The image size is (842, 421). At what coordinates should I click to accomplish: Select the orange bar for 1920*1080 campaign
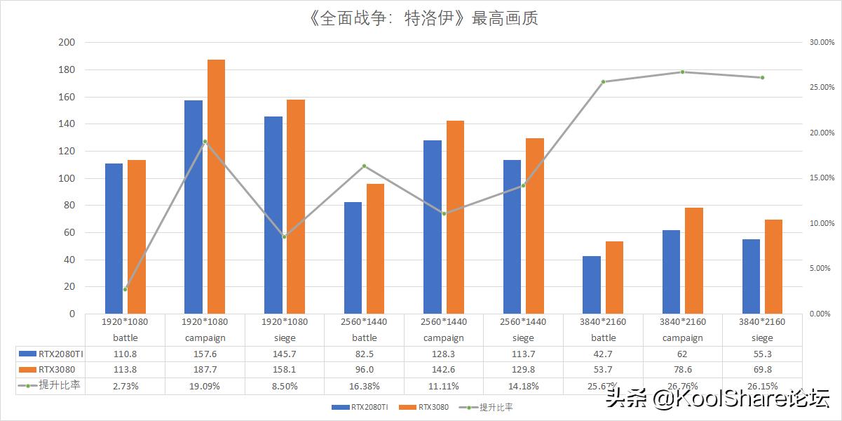click(216, 187)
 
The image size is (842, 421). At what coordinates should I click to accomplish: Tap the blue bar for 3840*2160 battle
click(592, 285)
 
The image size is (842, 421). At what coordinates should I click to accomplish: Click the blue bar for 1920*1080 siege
click(273, 215)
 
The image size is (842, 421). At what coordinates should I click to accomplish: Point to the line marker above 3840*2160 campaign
click(682, 72)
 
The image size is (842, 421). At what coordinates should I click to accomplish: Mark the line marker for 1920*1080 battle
click(125, 289)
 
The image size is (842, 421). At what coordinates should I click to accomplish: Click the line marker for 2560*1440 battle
click(365, 166)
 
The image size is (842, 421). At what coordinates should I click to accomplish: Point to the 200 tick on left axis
click(67, 42)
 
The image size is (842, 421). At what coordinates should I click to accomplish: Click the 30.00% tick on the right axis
click(821, 42)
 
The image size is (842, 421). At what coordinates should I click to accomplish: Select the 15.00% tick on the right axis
click(821, 178)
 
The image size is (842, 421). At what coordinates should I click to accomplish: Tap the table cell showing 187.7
click(204, 369)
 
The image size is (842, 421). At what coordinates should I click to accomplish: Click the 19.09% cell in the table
click(204, 385)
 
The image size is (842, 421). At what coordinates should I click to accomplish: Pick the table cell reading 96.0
click(364, 369)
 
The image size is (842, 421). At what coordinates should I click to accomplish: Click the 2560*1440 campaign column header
click(444, 329)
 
